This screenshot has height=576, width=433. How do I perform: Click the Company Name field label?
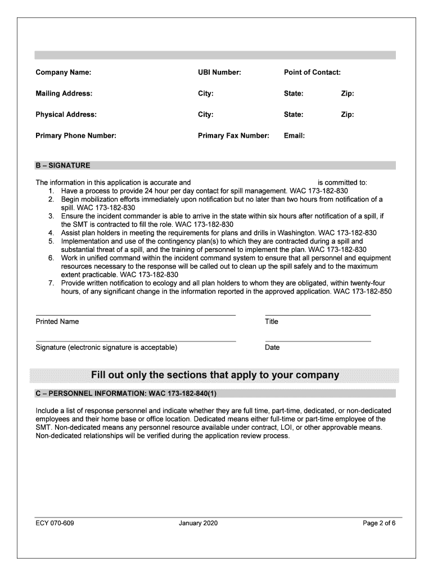pos(63,73)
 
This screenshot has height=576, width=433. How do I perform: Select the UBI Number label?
pos(219,73)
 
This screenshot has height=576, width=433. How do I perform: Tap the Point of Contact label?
pos(312,73)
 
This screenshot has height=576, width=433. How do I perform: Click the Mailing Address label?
pos(64,93)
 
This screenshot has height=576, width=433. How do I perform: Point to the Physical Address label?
pos(66,114)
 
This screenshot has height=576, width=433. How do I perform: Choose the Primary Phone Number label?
pos(76,136)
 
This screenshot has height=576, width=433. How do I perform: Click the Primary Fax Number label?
pos(233,136)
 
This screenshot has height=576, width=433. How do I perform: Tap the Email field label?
pos(294,136)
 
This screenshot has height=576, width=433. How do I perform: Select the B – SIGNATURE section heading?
pos(62,166)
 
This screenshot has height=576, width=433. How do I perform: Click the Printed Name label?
pos(57,322)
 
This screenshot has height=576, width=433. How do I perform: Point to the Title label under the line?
pos(272,322)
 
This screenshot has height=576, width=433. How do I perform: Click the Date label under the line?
pos(272,348)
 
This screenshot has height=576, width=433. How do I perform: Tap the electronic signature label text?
pos(106,348)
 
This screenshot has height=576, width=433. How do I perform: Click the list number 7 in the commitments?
pos(51,283)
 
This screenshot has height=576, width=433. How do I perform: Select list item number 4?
pos(51,233)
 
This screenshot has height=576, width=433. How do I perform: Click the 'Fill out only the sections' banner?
pos(215,375)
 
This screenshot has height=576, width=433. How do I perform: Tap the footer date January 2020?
pos(198,524)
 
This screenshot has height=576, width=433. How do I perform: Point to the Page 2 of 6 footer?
pos(380,524)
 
